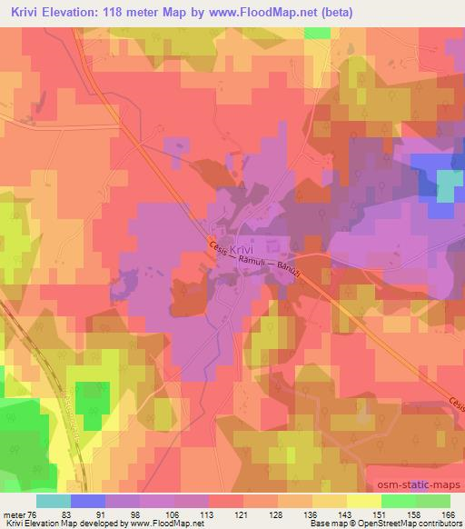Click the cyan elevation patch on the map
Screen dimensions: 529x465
tap(450, 186)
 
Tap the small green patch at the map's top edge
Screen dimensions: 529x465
tap(317, 33)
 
